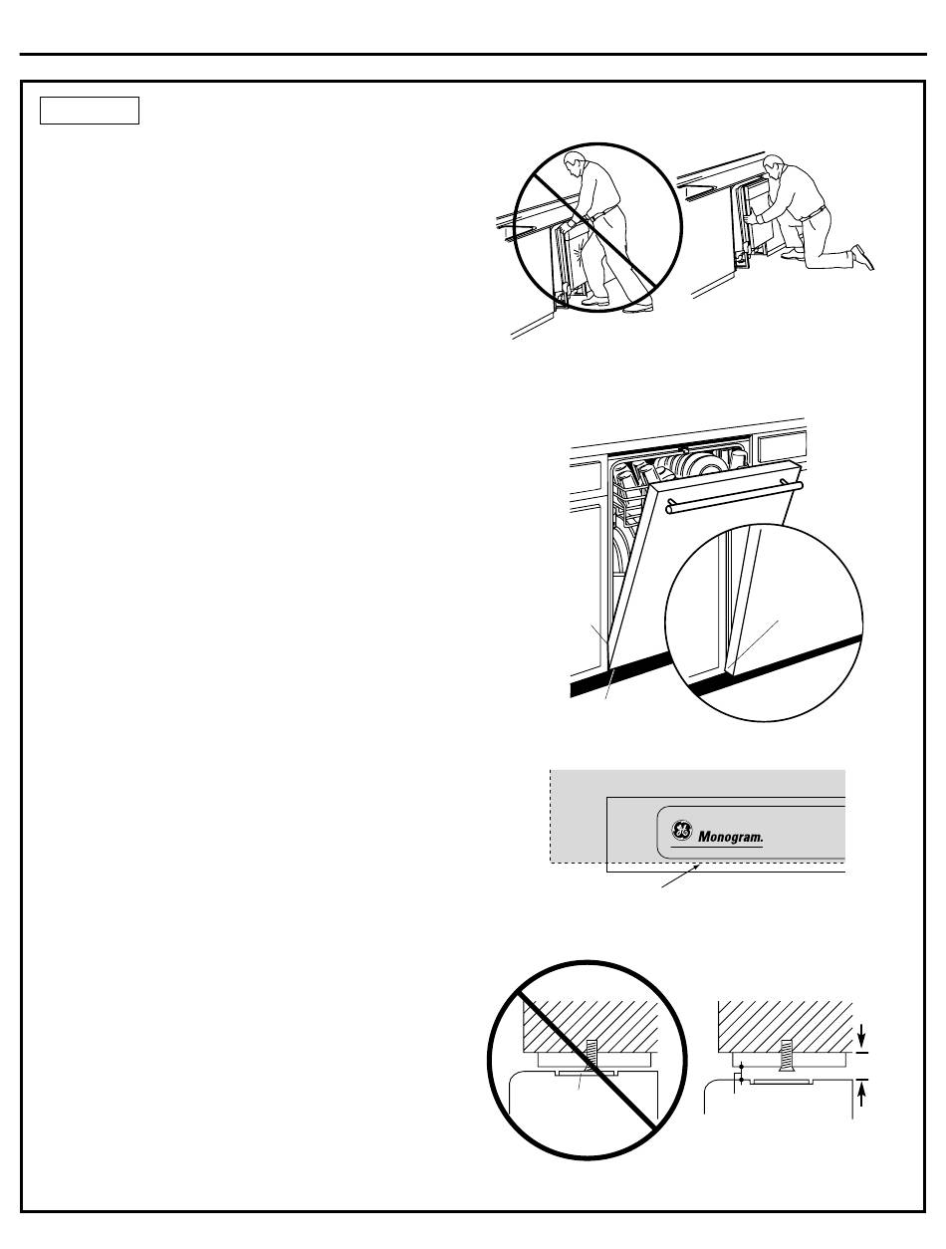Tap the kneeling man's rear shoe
(x=863, y=257)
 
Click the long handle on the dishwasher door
(x=735, y=496)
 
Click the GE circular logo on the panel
(x=681, y=832)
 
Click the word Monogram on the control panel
(x=730, y=839)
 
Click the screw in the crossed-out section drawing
(x=590, y=1053)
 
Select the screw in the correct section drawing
(x=785, y=1054)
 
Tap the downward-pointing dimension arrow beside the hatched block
(x=862, y=1040)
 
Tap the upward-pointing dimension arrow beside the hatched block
(x=862, y=1090)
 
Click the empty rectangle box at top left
(x=89, y=110)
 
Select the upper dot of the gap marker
(x=739, y=1067)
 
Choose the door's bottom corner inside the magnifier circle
(x=732, y=670)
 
